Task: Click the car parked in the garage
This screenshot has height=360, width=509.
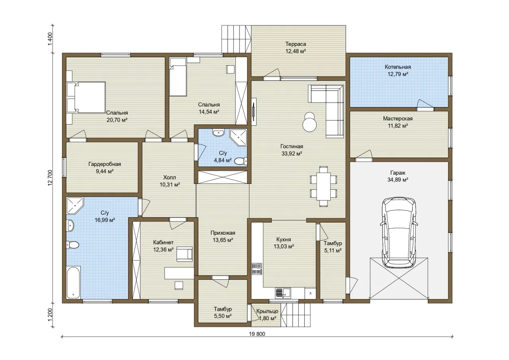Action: (x=399, y=232)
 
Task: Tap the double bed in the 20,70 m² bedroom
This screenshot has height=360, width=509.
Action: (x=86, y=97)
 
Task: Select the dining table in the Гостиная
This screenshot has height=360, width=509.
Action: (x=324, y=186)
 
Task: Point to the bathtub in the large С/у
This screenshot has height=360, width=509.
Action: (x=74, y=282)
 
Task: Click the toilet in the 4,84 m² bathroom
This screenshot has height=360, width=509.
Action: (x=241, y=161)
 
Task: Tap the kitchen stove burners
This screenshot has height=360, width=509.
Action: (x=257, y=269)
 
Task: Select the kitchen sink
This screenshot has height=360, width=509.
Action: (x=283, y=293)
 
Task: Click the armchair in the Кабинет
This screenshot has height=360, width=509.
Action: (x=185, y=254)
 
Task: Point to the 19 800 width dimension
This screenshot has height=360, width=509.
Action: (x=257, y=334)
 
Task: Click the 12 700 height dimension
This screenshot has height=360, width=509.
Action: (x=50, y=178)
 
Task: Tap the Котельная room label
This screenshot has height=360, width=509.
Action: (x=398, y=67)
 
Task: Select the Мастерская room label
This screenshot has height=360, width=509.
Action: (x=398, y=119)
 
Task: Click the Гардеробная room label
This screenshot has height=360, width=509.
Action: (x=105, y=164)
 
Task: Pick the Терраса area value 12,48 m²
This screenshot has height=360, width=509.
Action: (x=295, y=51)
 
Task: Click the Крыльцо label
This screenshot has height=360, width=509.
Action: (x=267, y=311)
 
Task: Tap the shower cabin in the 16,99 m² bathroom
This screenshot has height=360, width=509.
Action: (x=75, y=206)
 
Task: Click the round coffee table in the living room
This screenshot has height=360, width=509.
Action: (x=309, y=122)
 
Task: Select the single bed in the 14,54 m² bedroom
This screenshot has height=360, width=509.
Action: (x=178, y=77)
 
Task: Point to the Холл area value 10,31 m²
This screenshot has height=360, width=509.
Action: (x=170, y=185)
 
